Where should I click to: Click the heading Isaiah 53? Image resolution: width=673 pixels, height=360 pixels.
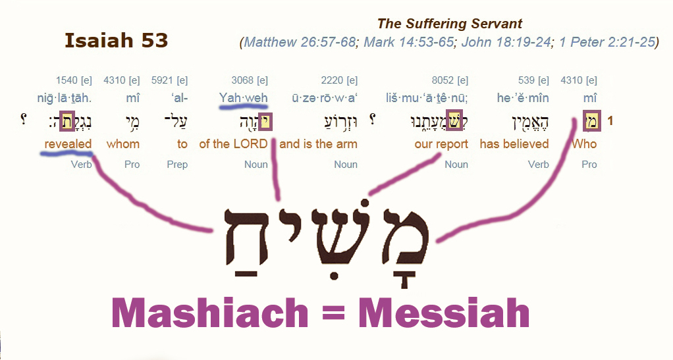(116, 40)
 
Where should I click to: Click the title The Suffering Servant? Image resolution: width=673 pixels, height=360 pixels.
(450, 24)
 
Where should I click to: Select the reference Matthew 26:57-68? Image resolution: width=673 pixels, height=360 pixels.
(300, 42)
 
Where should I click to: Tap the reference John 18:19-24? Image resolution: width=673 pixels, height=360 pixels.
(506, 42)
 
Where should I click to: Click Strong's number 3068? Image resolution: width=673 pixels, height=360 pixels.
(242, 80)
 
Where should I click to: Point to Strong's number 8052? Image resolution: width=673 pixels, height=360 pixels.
(443, 80)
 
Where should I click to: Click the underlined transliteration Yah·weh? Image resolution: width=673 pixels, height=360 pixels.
(244, 98)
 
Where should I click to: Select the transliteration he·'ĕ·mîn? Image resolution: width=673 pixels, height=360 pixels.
(523, 98)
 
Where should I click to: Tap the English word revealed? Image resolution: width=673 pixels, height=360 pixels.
(68, 143)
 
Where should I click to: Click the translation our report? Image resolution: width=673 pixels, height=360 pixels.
(441, 144)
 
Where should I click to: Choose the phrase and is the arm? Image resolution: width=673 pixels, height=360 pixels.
(318, 143)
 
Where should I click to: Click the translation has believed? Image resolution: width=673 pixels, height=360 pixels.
(514, 143)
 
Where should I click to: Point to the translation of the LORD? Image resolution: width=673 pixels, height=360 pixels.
(234, 143)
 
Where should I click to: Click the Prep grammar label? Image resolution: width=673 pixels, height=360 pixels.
(177, 165)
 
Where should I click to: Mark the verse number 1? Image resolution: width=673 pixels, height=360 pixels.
(610, 122)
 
